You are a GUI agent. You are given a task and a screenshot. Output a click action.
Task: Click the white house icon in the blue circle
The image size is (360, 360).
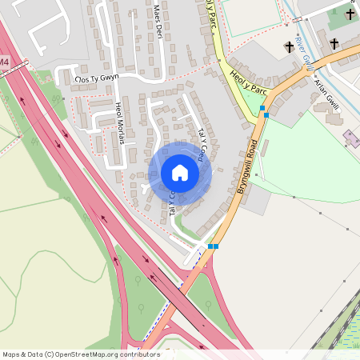click(x=180, y=173)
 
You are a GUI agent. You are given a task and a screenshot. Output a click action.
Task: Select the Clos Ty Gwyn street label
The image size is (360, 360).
click(x=95, y=79)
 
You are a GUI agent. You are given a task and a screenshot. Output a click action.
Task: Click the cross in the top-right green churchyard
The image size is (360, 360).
click(x=350, y=14)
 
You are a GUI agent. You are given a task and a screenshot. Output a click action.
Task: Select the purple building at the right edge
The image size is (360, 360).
click(x=353, y=137)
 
